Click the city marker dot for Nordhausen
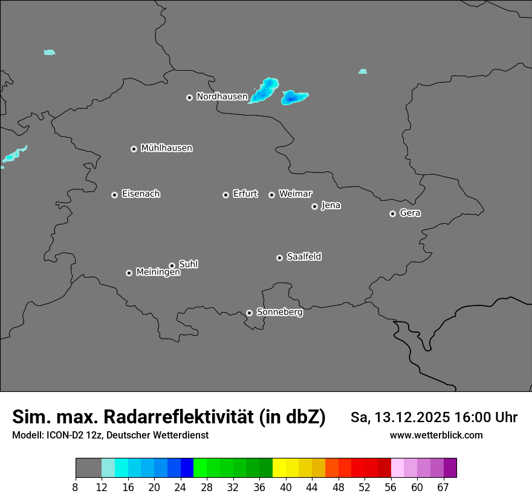[189, 97]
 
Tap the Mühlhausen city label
[166, 148]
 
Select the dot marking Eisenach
[114, 195]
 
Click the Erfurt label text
[245, 194]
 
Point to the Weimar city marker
[271, 195]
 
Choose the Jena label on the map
[331, 206]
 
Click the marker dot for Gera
[392, 214]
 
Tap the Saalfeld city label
[303, 256]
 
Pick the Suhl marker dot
[172, 266]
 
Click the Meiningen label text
[158, 273]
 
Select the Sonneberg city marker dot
[249, 313]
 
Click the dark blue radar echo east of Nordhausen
[292, 97]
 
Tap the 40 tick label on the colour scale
[286, 487]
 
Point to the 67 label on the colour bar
[443, 487]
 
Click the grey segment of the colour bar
[88, 468]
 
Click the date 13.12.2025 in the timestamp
[411, 417]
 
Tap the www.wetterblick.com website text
[436, 435]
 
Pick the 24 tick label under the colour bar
[181, 487]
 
